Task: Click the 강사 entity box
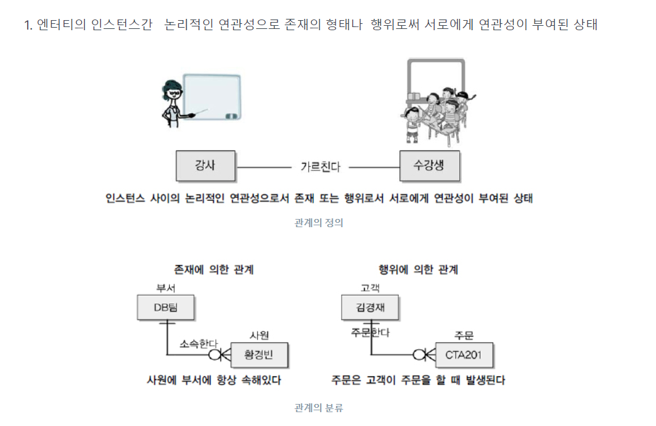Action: click(x=205, y=166)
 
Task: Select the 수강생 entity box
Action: click(x=430, y=166)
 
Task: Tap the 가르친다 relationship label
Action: click(x=320, y=167)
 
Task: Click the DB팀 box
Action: click(x=165, y=308)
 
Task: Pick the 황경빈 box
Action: click(x=259, y=355)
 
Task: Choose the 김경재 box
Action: click(x=370, y=308)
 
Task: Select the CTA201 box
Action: click(x=464, y=355)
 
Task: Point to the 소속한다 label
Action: click(x=197, y=344)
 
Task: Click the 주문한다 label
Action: click(x=370, y=332)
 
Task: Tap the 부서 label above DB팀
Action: click(x=165, y=288)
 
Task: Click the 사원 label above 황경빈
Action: click(x=259, y=335)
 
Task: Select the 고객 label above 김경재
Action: click(x=370, y=288)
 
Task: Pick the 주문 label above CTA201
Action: click(x=464, y=335)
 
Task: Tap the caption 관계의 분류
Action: click(x=318, y=408)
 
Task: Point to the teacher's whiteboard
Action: click(x=212, y=98)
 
